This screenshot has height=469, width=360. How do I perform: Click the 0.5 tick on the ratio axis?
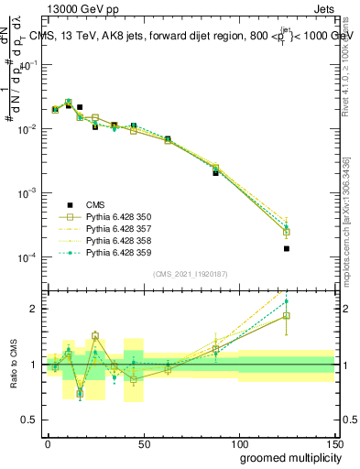click(33, 420)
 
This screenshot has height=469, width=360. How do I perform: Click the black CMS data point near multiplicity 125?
click(286, 248)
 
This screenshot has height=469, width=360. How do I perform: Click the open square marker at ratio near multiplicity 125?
click(286, 316)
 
